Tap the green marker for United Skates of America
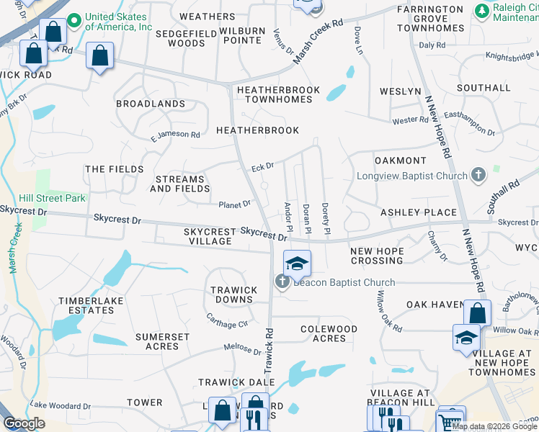(73, 22)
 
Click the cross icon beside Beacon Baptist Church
(282, 282)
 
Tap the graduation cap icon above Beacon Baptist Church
(296, 264)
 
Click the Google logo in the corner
(23, 423)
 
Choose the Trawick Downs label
(233, 294)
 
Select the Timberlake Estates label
(86, 305)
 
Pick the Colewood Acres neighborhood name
(329, 333)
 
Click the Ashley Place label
(419, 212)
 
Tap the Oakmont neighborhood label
(400, 160)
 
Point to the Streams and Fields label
(180, 184)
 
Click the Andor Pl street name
(288, 212)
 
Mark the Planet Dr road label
(235, 204)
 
